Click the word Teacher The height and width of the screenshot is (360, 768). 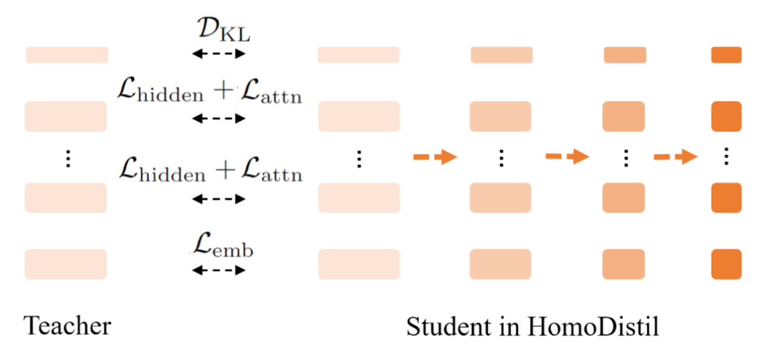pos(68,327)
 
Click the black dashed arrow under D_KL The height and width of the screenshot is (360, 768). pos(218,53)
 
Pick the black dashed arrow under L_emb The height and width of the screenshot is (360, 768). pos(218,270)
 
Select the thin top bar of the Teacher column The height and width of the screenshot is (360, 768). pos(67,55)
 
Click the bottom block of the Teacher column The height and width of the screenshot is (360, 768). pos(66,264)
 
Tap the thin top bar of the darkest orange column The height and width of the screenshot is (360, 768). pos(726,55)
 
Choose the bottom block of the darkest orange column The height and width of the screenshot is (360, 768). pos(726,264)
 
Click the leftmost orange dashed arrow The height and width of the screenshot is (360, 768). pos(434,157)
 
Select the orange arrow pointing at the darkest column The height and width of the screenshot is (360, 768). pos(675,157)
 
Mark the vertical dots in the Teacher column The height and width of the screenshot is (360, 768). pos(68,158)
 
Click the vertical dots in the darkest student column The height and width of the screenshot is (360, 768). pos(726,157)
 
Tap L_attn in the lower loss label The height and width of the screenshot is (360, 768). pos(271,173)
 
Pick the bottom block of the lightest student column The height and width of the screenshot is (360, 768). pos(358,264)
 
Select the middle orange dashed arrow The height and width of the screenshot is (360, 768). pos(567,157)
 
